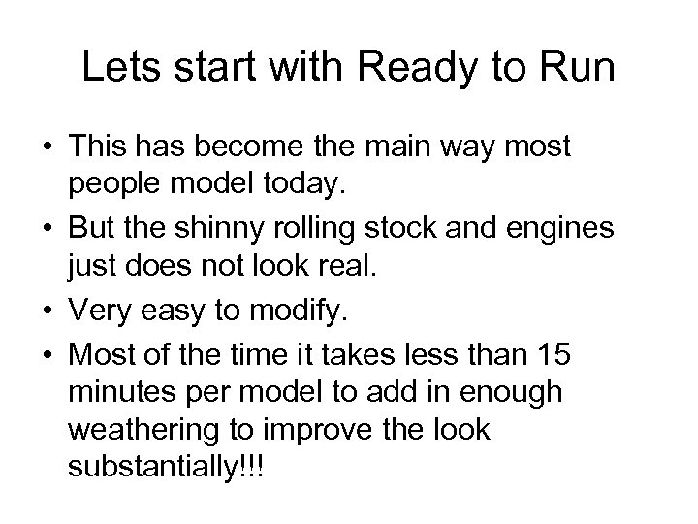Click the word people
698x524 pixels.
pyautogui.click(x=111, y=181)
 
